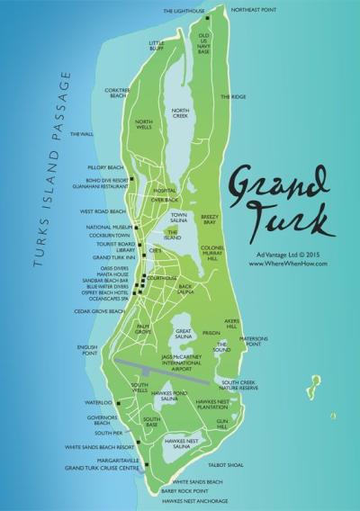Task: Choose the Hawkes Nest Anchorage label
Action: pos(200,501)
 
